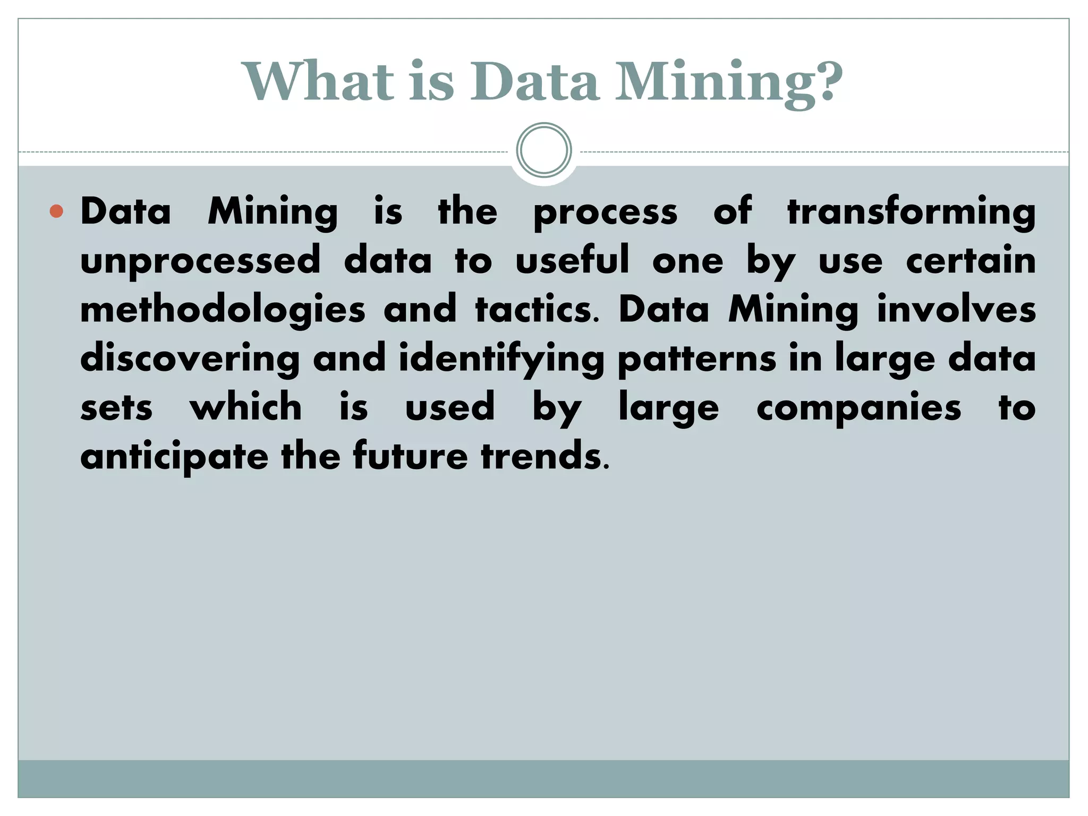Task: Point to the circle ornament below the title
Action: [x=544, y=150]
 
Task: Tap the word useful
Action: [x=572, y=260]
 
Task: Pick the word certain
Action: [x=971, y=260]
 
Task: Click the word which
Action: [x=246, y=407]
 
